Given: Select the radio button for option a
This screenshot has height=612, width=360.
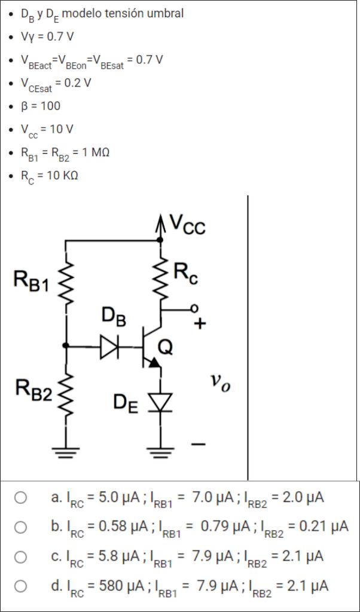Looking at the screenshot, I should coord(21,497).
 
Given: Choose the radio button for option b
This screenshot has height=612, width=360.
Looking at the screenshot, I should coord(21,527).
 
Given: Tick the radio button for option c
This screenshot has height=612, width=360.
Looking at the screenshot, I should coord(21,556).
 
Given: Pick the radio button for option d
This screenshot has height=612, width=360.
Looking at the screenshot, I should coord(21,586).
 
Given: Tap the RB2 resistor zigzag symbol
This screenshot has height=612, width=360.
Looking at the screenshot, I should coord(66,392).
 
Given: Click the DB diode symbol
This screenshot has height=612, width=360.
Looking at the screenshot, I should coord(110,346).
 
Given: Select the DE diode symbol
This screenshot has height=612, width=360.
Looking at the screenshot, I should coord(160,402).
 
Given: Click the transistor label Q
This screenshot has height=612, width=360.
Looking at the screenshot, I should coord(166,347).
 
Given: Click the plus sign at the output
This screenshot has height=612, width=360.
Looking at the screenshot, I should coord(200,325).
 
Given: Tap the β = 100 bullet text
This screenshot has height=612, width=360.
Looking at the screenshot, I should coord(41,106).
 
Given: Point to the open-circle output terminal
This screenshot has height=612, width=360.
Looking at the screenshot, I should coord(193,308).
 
